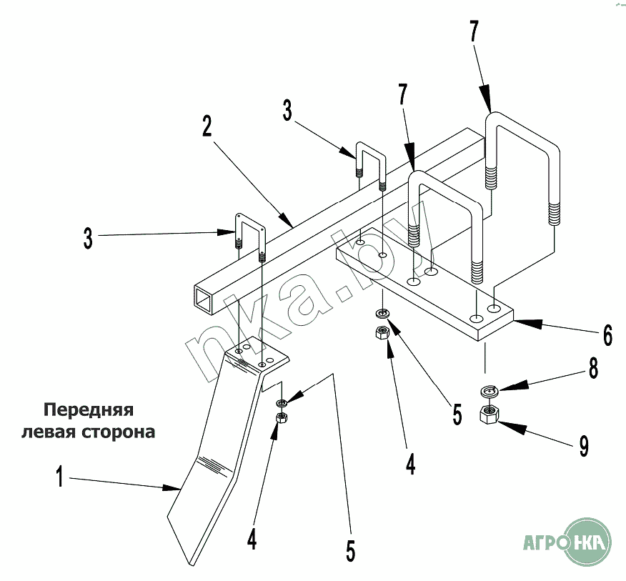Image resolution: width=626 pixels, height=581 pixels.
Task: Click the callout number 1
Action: tap(61, 477)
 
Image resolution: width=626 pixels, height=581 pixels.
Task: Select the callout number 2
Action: tap(207, 126)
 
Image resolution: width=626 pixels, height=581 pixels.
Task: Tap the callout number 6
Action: tap(607, 334)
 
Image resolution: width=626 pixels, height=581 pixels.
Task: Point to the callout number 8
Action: tap(593, 369)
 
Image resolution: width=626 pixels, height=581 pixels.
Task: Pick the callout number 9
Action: tap(584, 447)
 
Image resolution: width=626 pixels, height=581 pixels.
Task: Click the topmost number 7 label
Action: tap(474, 32)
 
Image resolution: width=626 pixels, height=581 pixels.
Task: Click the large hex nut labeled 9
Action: tap(490, 414)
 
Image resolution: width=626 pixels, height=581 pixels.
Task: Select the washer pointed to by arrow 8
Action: tap(489, 391)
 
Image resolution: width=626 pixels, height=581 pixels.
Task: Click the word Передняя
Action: tap(89, 411)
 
